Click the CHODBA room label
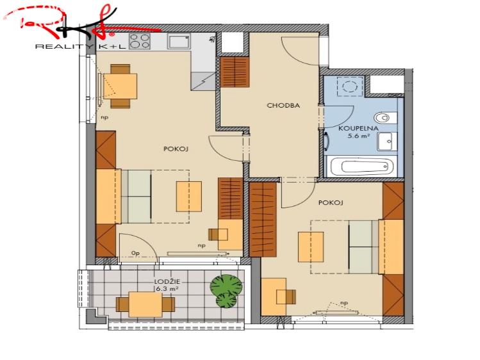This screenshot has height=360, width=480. [283, 106]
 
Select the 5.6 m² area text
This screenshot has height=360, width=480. [358, 136]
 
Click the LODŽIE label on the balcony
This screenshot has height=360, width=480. [167, 282]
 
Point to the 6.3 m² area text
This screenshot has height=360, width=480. [167, 288]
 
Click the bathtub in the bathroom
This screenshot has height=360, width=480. [362, 167]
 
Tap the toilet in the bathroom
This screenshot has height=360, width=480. [386, 117]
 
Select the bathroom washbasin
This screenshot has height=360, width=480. [387, 142]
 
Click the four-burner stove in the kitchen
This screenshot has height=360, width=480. [140, 41]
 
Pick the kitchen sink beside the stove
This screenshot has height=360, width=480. [179, 41]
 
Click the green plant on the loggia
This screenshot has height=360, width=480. [226, 291]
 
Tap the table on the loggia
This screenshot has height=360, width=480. [145, 304]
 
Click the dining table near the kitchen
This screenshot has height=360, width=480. [120, 86]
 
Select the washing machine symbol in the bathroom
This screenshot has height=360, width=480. [350, 86]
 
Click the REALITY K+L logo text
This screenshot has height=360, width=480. [81, 47]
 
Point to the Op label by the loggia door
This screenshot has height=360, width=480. [135, 253]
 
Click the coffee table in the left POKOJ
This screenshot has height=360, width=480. [189, 197]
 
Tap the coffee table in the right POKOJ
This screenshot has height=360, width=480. [311, 247]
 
